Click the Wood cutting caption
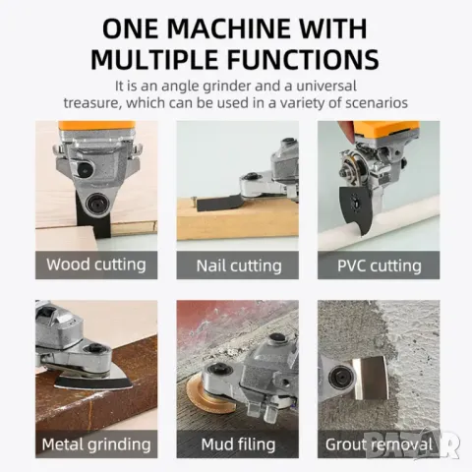tap(96, 265)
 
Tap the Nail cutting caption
tap(239, 265)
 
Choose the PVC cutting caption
tap(380, 265)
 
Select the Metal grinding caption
tap(96, 444)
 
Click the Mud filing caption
tap(238, 444)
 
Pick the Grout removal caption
tap(379, 444)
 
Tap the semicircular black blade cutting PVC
tap(356, 209)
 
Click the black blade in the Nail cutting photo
tap(217, 204)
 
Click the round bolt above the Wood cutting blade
tap(97, 204)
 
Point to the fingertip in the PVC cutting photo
tap(346, 131)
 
